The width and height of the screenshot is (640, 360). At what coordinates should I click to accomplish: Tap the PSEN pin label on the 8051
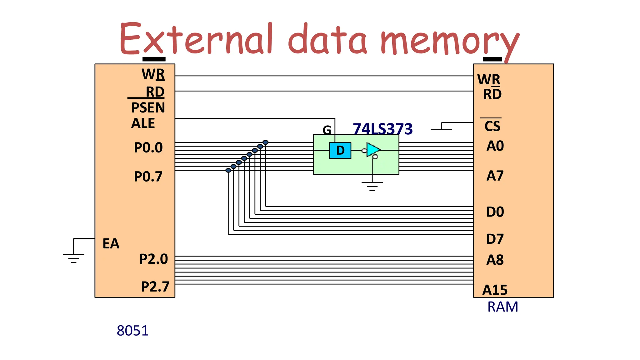point(148,108)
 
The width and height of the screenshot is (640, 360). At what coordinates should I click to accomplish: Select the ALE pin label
point(143,123)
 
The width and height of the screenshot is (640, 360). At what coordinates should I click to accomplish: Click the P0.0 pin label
point(148,147)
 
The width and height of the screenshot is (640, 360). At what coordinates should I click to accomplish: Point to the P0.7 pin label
point(148,177)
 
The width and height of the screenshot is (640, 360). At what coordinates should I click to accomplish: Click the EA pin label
point(111,244)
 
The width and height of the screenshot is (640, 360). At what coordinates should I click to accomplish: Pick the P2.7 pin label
point(155,287)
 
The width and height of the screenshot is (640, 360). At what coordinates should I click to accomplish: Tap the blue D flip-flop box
point(340,151)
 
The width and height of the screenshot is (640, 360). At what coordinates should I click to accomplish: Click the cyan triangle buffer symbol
point(373,150)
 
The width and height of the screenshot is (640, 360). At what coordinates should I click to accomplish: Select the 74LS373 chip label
point(382,128)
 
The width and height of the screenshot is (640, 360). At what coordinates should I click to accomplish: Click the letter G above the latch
point(327,130)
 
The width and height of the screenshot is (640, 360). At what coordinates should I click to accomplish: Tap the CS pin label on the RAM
point(492,126)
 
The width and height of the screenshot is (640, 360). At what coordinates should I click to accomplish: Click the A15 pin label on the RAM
point(495,290)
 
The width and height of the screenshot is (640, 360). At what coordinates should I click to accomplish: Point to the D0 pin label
point(495,212)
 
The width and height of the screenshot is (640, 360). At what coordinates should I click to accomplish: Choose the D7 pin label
point(495,239)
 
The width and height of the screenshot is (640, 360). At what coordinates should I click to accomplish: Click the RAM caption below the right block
point(502,307)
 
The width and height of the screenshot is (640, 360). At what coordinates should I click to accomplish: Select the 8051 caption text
point(132,331)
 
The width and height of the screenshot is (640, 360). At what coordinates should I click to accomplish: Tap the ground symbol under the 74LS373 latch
point(372,186)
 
